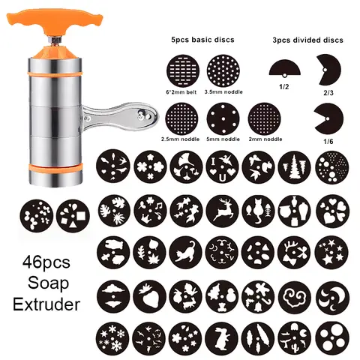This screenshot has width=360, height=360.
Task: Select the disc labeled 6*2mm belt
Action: click(184, 75)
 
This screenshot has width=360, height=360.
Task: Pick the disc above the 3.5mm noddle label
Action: click(221, 75)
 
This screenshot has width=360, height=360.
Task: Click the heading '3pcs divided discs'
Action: click(307, 39)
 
